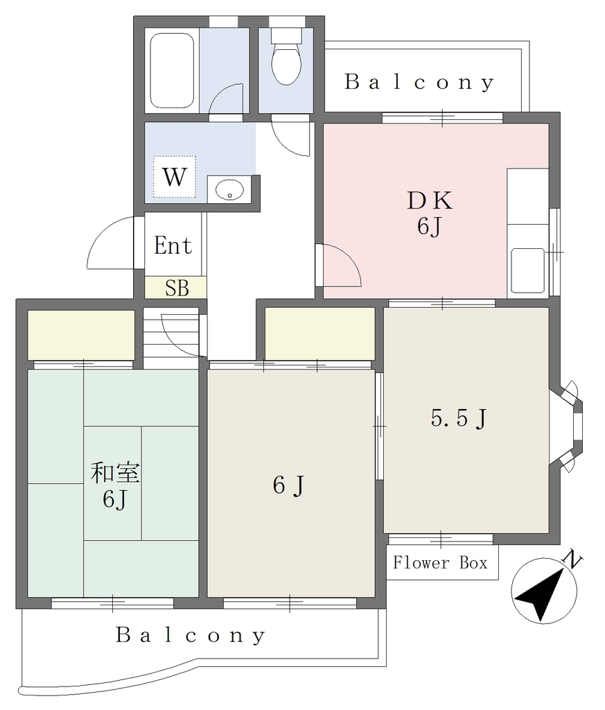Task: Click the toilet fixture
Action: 286,57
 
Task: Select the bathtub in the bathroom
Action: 172,71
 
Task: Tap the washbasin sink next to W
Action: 229,189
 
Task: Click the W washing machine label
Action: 174,177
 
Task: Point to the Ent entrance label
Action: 173,245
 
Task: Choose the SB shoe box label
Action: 177,288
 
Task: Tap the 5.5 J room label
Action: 459,418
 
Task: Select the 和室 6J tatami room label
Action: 115,485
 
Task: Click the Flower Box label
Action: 440,563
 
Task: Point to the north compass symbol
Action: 544,591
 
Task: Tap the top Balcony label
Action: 419,82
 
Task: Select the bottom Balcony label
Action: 191,635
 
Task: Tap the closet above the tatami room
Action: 82,335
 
